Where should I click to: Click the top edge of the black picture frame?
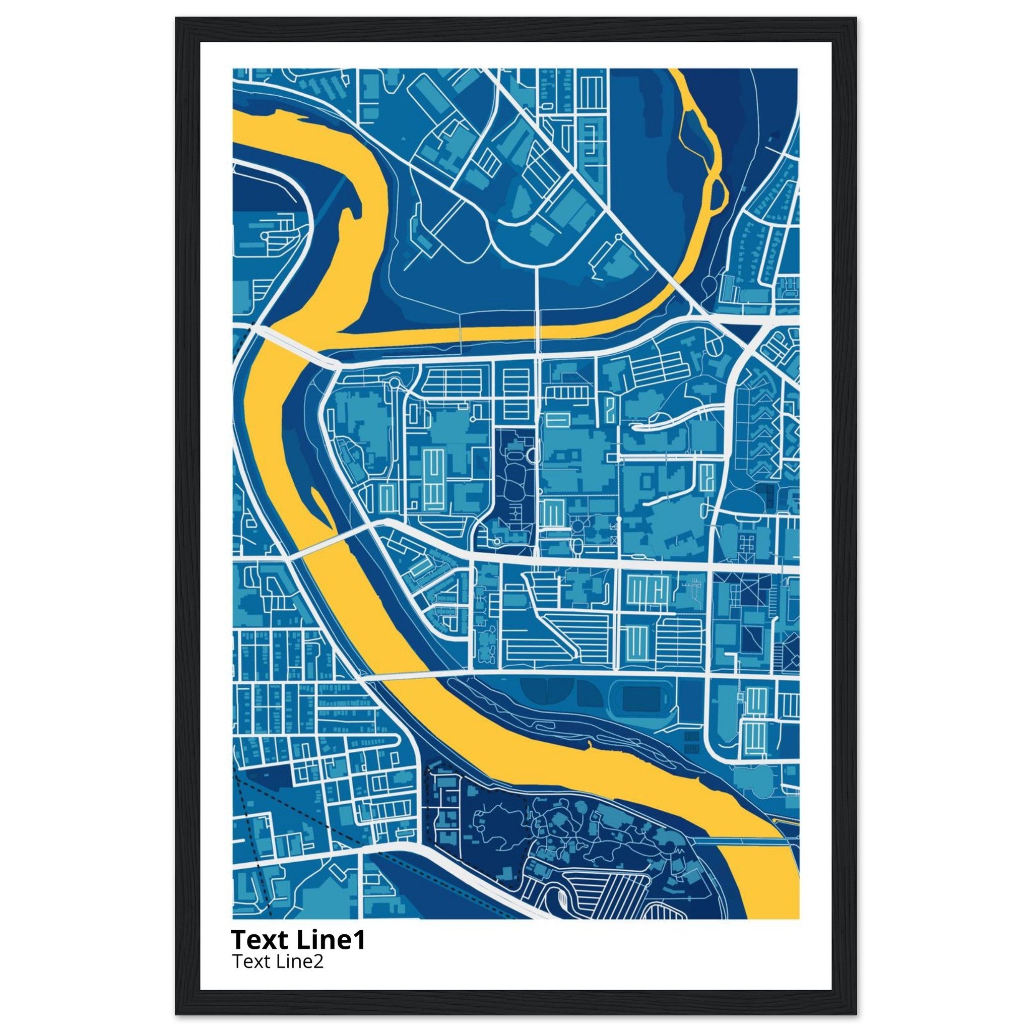(515, 23)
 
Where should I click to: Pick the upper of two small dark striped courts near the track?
(691, 737)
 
